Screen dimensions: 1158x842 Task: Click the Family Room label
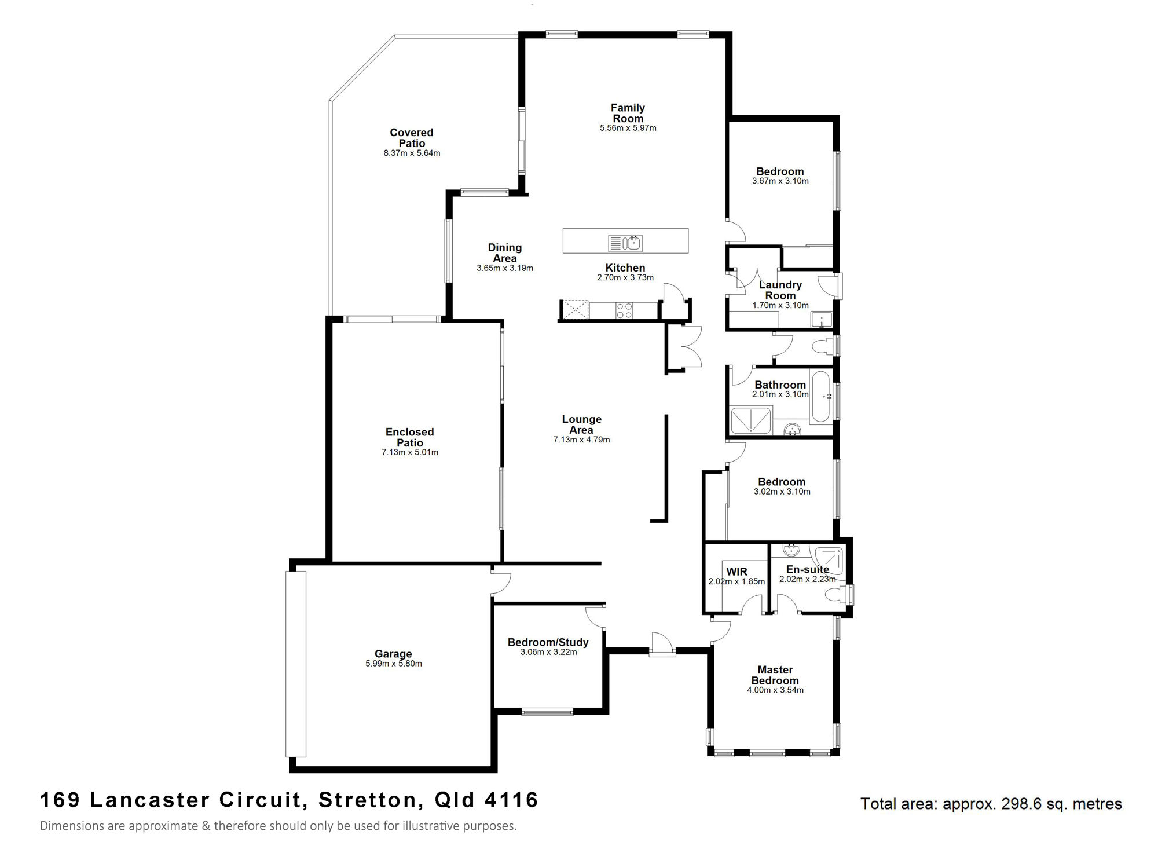628,113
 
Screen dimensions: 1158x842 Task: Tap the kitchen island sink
625,243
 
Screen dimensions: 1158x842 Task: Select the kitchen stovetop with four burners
624,310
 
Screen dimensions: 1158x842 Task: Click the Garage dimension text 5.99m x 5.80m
394,664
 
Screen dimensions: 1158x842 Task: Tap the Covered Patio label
412,138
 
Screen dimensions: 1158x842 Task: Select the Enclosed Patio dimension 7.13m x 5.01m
410,452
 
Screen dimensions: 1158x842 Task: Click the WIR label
736,572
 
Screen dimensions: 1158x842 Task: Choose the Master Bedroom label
775,675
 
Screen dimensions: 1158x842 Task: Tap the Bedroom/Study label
548,642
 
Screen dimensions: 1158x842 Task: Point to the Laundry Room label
780,290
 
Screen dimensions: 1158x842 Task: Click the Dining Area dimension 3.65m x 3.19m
505,268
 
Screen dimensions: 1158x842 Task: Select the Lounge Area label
581,424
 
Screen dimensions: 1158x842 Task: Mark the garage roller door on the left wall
296,664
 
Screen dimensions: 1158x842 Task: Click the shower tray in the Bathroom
751,420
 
